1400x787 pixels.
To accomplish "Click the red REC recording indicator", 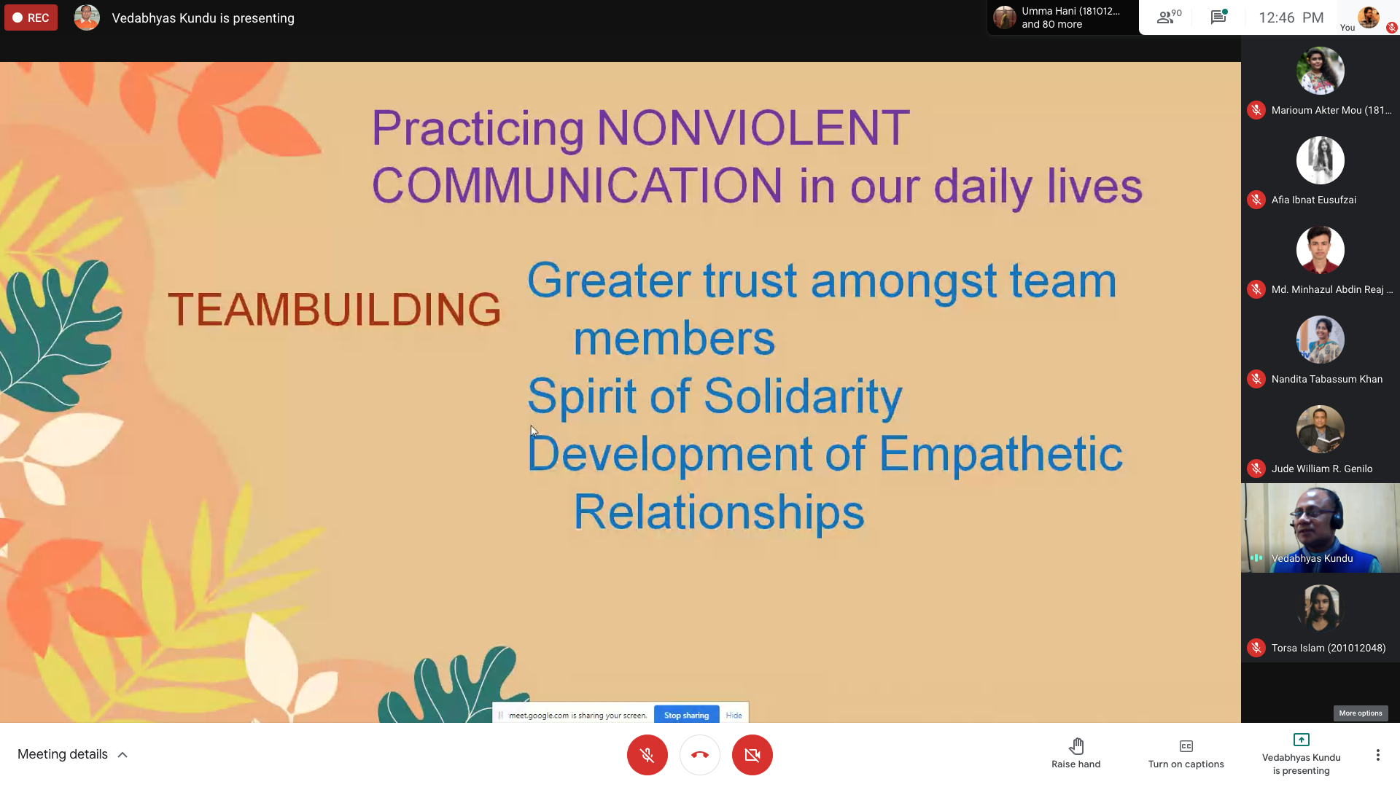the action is [x=31, y=17].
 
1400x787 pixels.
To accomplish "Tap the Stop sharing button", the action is [x=686, y=715].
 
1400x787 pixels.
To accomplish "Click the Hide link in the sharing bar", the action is [x=734, y=715].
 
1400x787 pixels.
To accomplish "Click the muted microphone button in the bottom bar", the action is [x=647, y=754].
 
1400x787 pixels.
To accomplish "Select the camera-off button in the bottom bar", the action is [x=752, y=754].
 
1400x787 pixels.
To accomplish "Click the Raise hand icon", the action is [x=1076, y=745].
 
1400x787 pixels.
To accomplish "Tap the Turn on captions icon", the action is [x=1186, y=745].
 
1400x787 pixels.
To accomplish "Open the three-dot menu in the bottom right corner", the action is [x=1377, y=754].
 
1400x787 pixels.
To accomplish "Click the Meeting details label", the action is [x=63, y=754].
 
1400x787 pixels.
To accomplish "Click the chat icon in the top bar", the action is [x=1218, y=17].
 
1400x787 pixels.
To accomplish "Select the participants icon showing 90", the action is [x=1169, y=17].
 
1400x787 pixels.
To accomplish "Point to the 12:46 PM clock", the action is [x=1291, y=17].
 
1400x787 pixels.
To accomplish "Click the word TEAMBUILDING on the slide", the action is [x=335, y=309].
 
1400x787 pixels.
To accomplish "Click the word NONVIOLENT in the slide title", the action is [x=753, y=128].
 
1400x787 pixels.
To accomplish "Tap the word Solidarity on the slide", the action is [x=803, y=396].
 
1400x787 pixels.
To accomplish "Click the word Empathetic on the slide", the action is [x=1000, y=454].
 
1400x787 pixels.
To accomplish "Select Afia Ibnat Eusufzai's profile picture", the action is [x=1320, y=160].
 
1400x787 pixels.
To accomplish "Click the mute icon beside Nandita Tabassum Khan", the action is [x=1256, y=379].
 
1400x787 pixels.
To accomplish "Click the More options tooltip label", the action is [x=1361, y=713].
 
